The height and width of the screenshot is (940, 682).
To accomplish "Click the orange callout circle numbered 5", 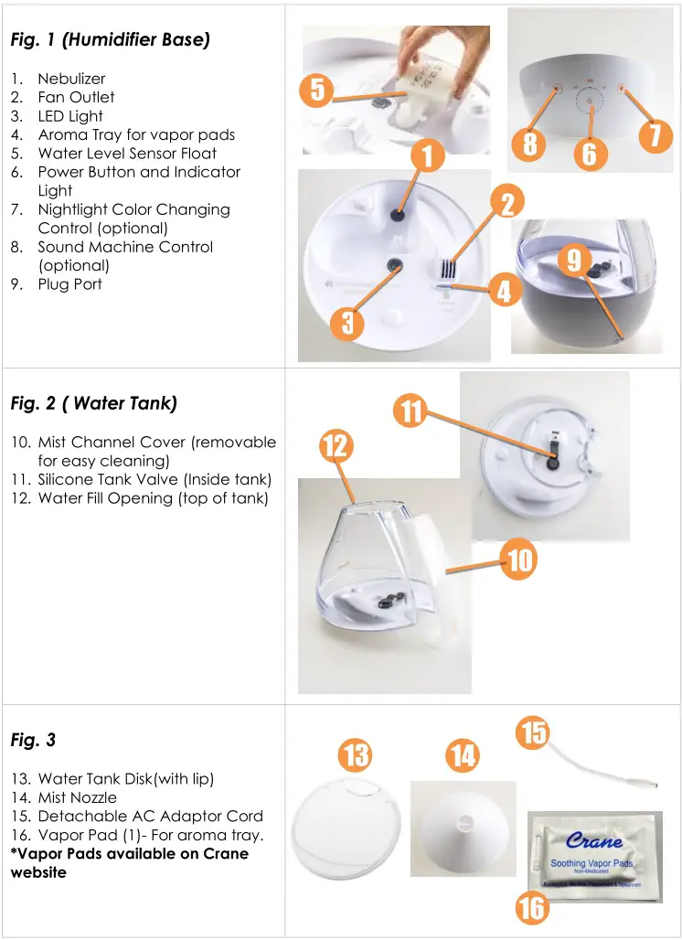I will click(317, 91).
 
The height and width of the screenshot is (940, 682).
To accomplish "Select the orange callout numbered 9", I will click(573, 262).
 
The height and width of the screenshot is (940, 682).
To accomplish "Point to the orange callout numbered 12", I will click(336, 445).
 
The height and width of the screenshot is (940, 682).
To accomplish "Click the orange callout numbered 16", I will click(532, 907).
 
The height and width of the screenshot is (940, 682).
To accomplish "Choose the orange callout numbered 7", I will click(655, 135).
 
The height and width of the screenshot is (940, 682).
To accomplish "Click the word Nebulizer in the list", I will click(71, 79).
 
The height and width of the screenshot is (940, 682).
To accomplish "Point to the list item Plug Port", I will click(69, 284).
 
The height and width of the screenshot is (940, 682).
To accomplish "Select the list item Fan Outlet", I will click(76, 97).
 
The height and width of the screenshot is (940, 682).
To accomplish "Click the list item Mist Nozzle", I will click(77, 797).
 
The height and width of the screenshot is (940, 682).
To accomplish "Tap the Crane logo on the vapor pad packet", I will click(594, 839).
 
